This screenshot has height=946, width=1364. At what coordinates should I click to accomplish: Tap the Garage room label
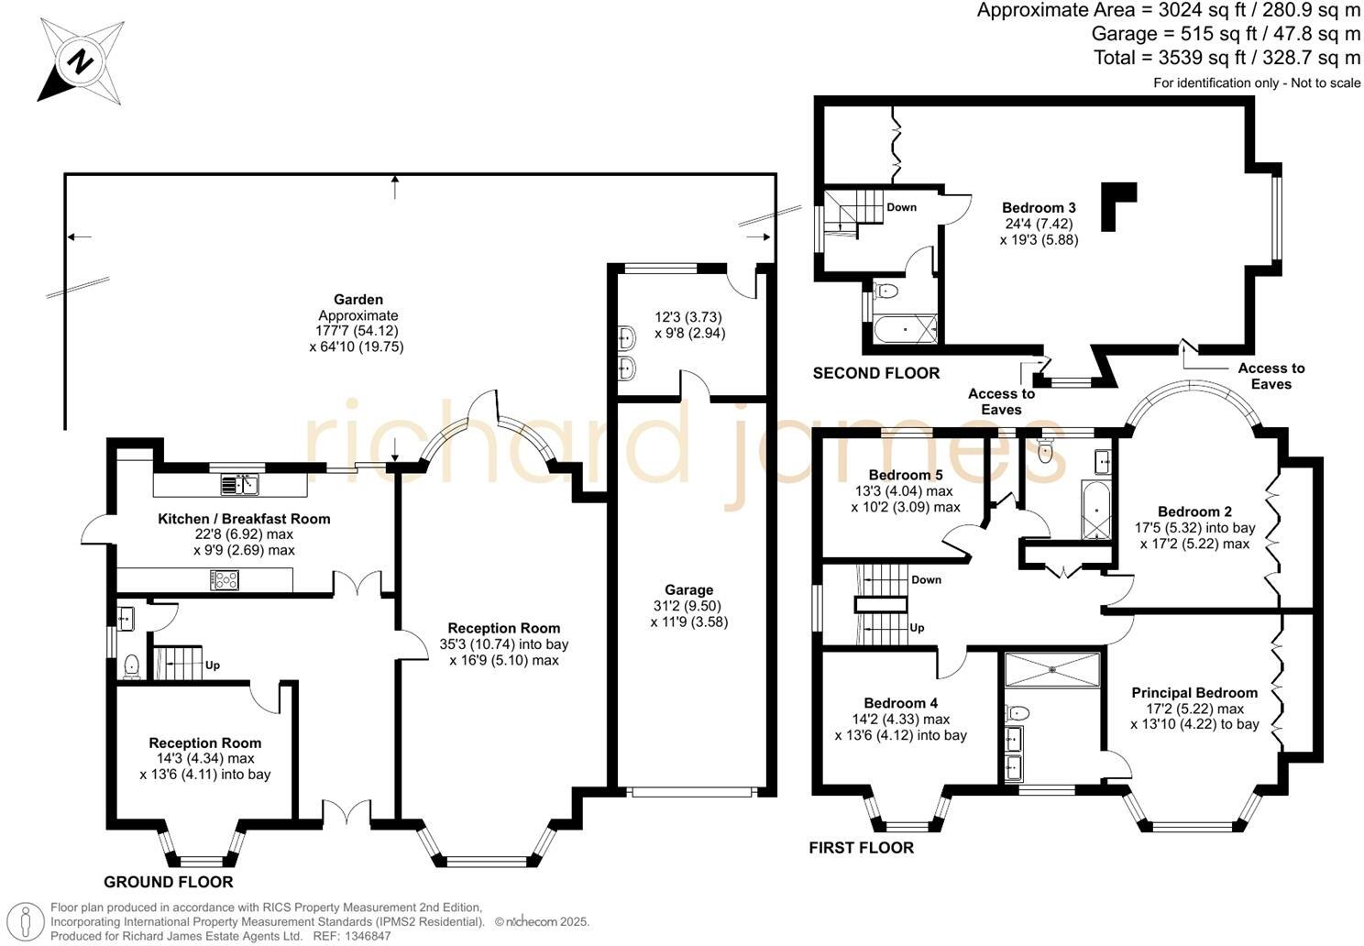pyautogui.click(x=688, y=590)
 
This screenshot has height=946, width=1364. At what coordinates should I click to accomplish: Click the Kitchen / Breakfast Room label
pyautogui.click(x=244, y=519)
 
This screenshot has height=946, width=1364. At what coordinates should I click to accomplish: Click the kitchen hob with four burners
pyautogui.click(x=225, y=579)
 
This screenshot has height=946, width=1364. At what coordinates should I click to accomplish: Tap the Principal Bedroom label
pyautogui.click(x=1193, y=692)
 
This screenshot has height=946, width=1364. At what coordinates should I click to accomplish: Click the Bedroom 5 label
pyautogui.click(x=905, y=475)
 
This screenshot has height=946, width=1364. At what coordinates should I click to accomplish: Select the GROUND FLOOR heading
pyautogui.click(x=168, y=882)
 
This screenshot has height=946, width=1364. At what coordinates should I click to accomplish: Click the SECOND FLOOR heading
pyautogui.click(x=875, y=373)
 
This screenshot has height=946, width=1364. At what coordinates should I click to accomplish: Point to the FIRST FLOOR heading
pyautogui.click(x=861, y=848)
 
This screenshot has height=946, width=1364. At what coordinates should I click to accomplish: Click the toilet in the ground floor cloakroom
pyautogui.click(x=130, y=665)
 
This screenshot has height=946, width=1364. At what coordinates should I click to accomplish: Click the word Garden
pyautogui.click(x=357, y=300)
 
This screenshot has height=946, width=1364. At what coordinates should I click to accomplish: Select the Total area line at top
pyautogui.click(x=1226, y=59)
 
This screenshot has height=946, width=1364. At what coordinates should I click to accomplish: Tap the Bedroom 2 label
pyautogui.click(x=1193, y=511)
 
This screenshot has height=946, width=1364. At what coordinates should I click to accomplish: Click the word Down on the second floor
pyautogui.click(x=901, y=207)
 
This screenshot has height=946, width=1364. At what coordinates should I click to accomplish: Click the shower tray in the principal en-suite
pyautogui.click(x=1051, y=669)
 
